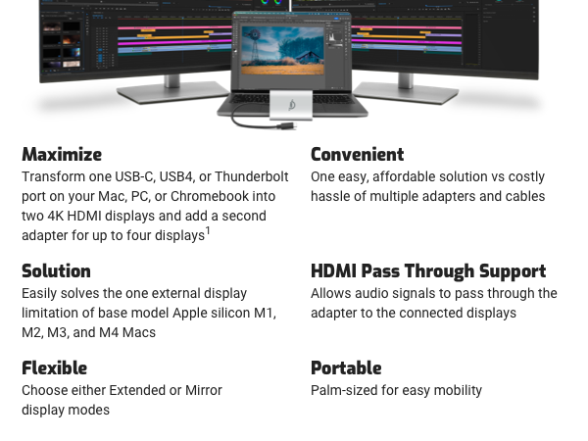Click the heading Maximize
click(x=62, y=155)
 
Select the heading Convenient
click(x=358, y=155)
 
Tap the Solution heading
click(x=56, y=271)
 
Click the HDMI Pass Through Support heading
click(x=428, y=271)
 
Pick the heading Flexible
click(x=54, y=368)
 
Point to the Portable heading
click(x=346, y=368)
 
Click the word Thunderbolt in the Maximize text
click(x=252, y=177)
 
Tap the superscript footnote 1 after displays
click(x=208, y=232)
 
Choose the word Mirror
click(x=202, y=390)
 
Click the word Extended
click(x=136, y=390)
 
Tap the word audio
click(x=372, y=294)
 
